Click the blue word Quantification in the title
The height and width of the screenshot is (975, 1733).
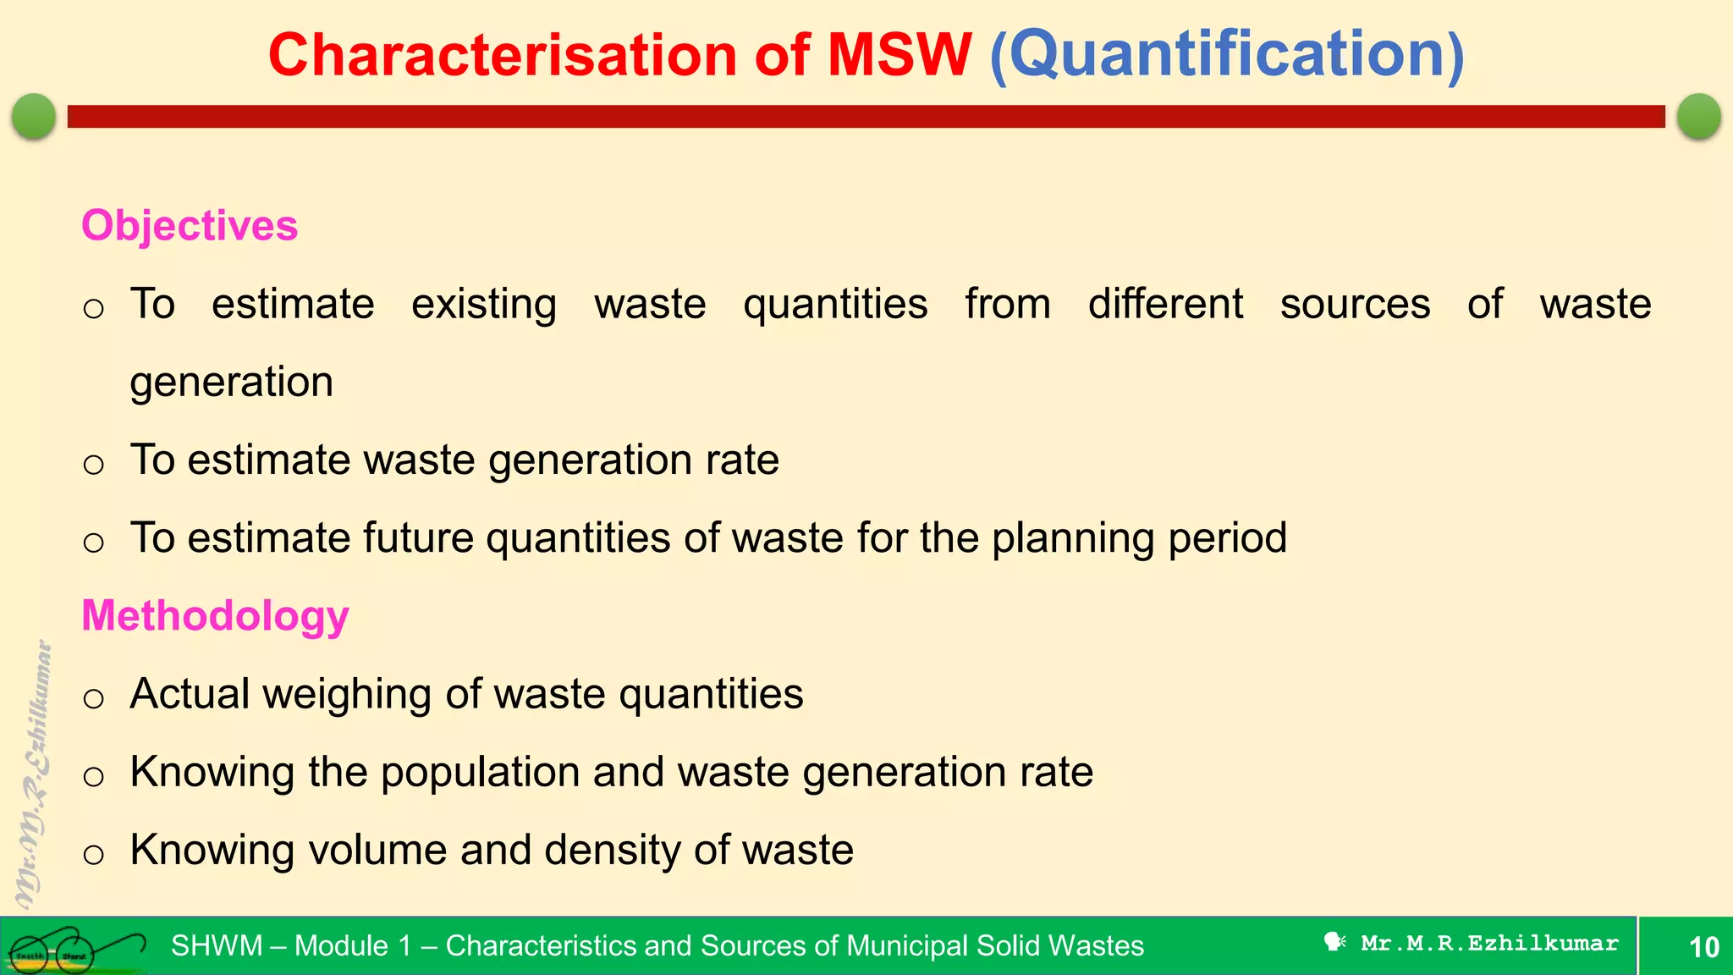[x=1227, y=54]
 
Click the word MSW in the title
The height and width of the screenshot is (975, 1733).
[x=899, y=54]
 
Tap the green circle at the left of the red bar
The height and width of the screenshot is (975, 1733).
[x=34, y=116]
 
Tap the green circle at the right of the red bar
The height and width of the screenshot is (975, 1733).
[x=1698, y=116]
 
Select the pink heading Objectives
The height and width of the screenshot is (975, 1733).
[x=190, y=226]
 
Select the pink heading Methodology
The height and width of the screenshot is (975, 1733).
[x=215, y=615]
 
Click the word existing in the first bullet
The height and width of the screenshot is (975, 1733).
[x=484, y=305]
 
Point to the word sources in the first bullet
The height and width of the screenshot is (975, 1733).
[x=1355, y=305]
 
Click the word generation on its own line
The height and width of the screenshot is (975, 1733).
[x=232, y=383]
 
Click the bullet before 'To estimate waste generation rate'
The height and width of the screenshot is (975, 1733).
[x=94, y=464]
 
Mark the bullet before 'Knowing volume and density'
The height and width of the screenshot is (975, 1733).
[x=94, y=854]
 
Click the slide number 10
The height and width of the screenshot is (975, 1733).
[x=1703, y=947]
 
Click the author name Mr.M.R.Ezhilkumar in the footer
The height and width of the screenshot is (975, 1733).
[x=1489, y=944]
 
